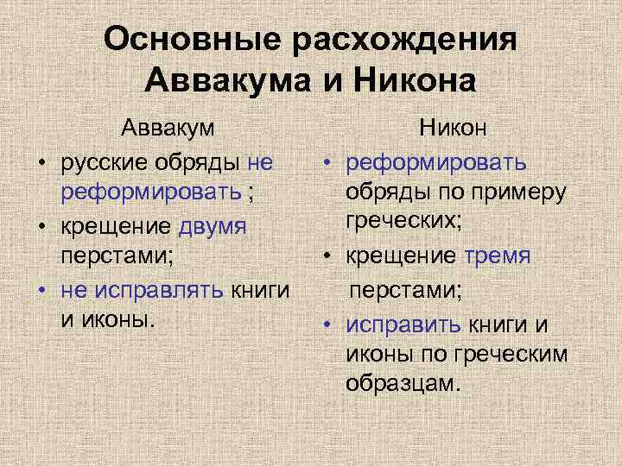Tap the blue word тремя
(498, 257)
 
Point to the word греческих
(403, 224)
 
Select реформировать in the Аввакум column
(152, 192)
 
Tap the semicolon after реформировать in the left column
(250, 193)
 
